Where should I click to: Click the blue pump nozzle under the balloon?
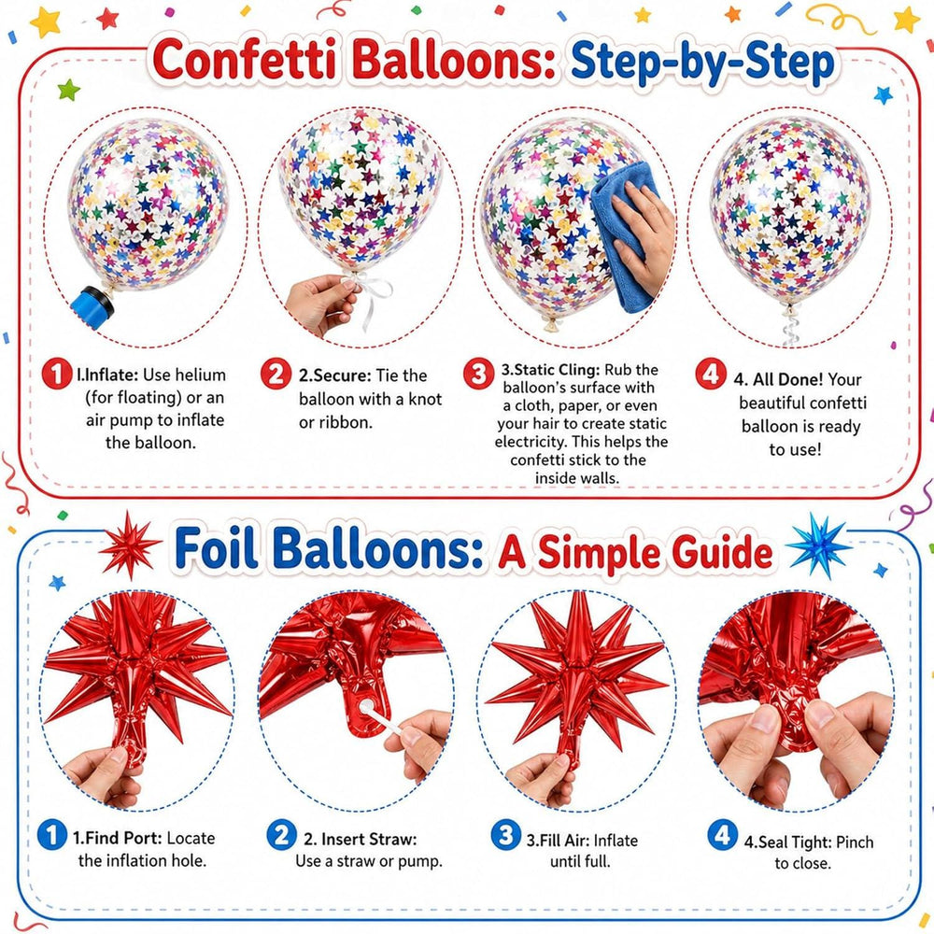click(92, 306)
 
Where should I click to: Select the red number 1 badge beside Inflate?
click(57, 375)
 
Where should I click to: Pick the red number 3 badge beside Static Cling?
click(479, 374)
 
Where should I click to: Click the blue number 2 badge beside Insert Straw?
click(281, 835)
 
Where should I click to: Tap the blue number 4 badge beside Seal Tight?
click(723, 835)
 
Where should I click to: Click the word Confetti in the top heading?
click(245, 60)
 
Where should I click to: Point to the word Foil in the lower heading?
click(217, 548)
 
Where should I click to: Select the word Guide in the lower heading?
click(723, 552)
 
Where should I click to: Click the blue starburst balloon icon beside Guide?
click(818, 545)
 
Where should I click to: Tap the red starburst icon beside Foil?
click(129, 545)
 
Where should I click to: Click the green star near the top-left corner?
click(68, 90)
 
